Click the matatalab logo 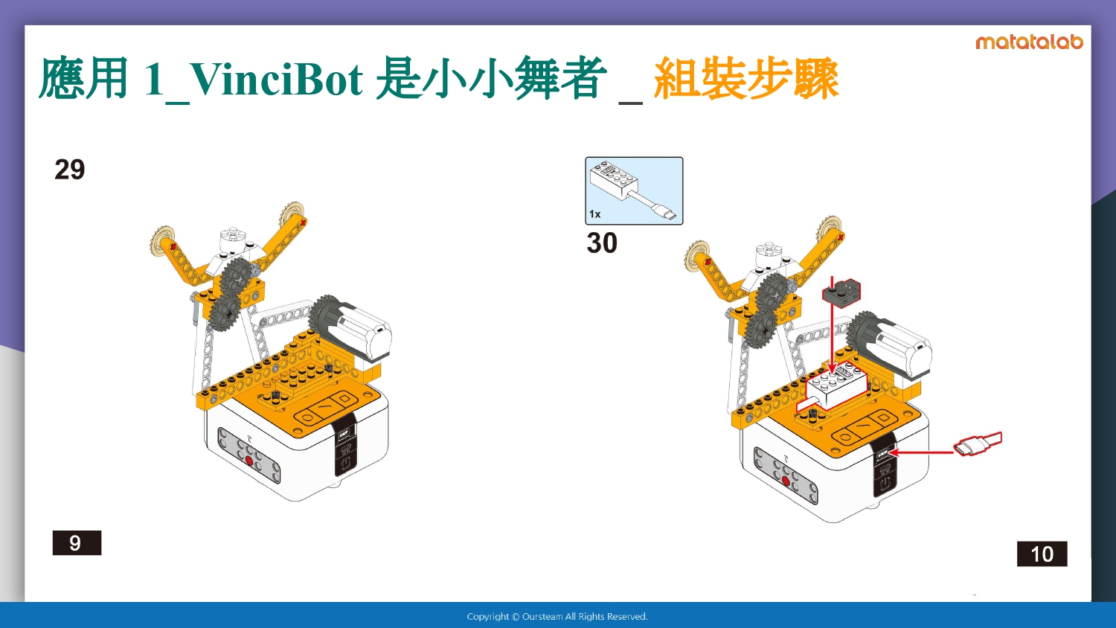(x=1029, y=42)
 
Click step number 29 (x=70, y=170)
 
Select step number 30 (x=602, y=243)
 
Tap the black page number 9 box (x=77, y=542)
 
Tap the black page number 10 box (x=1042, y=554)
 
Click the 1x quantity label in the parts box (x=595, y=214)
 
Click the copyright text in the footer (x=557, y=617)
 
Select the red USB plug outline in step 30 (x=978, y=443)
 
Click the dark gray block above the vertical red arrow (x=841, y=293)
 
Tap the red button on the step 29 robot (x=249, y=461)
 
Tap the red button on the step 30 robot (x=786, y=481)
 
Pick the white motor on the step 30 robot (x=892, y=344)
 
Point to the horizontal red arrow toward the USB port (x=921, y=452)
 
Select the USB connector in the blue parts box (x=665, y=213)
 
